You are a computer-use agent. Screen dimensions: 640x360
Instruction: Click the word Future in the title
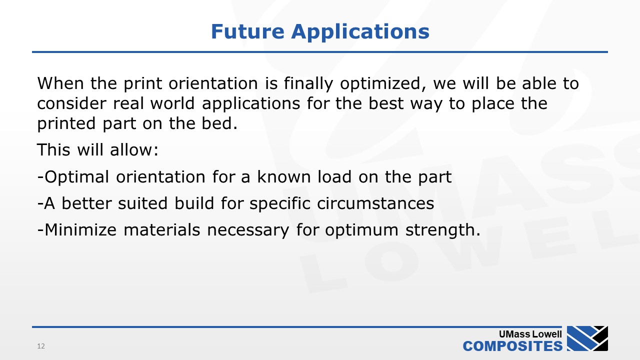tap(247, 31)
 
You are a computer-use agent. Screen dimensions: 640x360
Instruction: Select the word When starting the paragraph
tap(60, 83)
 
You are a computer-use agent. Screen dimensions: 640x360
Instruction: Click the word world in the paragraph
tap(172, 103)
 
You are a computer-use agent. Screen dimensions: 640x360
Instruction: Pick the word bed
tap(219, 123)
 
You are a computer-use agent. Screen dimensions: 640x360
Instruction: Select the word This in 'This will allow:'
tap(53, 149)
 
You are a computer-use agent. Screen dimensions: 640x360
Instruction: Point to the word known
tap(284, 176)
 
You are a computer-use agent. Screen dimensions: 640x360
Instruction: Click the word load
tap(334, 176)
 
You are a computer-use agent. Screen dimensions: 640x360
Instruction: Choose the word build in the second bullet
tap(194, 203)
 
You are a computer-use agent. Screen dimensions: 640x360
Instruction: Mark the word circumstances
tap(375, 203)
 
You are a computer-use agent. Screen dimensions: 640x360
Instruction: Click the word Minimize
tap(80, 229)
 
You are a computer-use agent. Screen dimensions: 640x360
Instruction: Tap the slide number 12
tap(41, 346)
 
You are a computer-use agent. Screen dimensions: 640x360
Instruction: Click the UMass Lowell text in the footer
tap(530, 334)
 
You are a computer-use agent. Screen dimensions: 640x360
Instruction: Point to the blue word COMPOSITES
tap(513, 346)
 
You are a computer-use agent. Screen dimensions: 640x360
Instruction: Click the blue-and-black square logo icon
tap(587, 338)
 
